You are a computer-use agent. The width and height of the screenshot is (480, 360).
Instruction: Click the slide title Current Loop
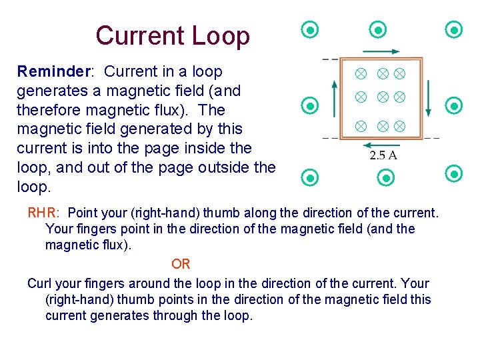(x=172, y=36)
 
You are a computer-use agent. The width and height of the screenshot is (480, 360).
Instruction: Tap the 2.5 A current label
(x=383, y=155)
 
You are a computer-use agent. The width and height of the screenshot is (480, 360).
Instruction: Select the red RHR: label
(x=44, y=213)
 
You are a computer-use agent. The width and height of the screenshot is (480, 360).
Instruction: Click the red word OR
(x=181, y=265)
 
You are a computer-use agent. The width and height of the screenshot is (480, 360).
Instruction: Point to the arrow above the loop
(x=382, y=51)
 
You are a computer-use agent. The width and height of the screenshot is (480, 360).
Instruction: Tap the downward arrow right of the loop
(x=429, y=98)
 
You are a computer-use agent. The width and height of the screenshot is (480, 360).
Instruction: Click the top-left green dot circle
(x=310, y=29)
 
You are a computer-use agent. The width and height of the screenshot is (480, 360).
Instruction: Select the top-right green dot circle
(x=454, y=29)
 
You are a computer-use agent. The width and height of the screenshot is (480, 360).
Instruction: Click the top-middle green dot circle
(x=378, y=29)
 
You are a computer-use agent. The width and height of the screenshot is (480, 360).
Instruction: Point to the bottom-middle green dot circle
(x=386, y=178)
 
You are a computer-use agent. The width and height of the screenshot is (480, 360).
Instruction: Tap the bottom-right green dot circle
(x=454, y=174)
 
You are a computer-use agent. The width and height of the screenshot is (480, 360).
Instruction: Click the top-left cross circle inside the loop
(x=360, y=71)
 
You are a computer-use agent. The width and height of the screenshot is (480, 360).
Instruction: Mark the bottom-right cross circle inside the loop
(x=400, y=125)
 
